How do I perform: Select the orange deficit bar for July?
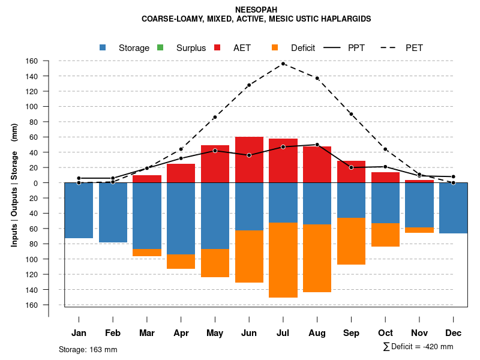pos(283,260)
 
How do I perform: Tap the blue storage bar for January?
pos(79,210)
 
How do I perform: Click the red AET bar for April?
pos(181,173)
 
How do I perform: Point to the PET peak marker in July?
pos(283,64)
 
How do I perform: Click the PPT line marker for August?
pos(317,145)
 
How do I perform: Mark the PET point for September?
pos(351,114)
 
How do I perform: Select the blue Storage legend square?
pos(104,48)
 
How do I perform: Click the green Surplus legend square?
pos(161,48)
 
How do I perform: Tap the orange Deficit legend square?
pos(275,48)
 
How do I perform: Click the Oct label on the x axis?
pos(385,333)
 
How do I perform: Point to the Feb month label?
pos(113,333)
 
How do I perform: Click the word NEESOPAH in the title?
pos(256,10)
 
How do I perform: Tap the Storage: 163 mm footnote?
pos(88,349)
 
